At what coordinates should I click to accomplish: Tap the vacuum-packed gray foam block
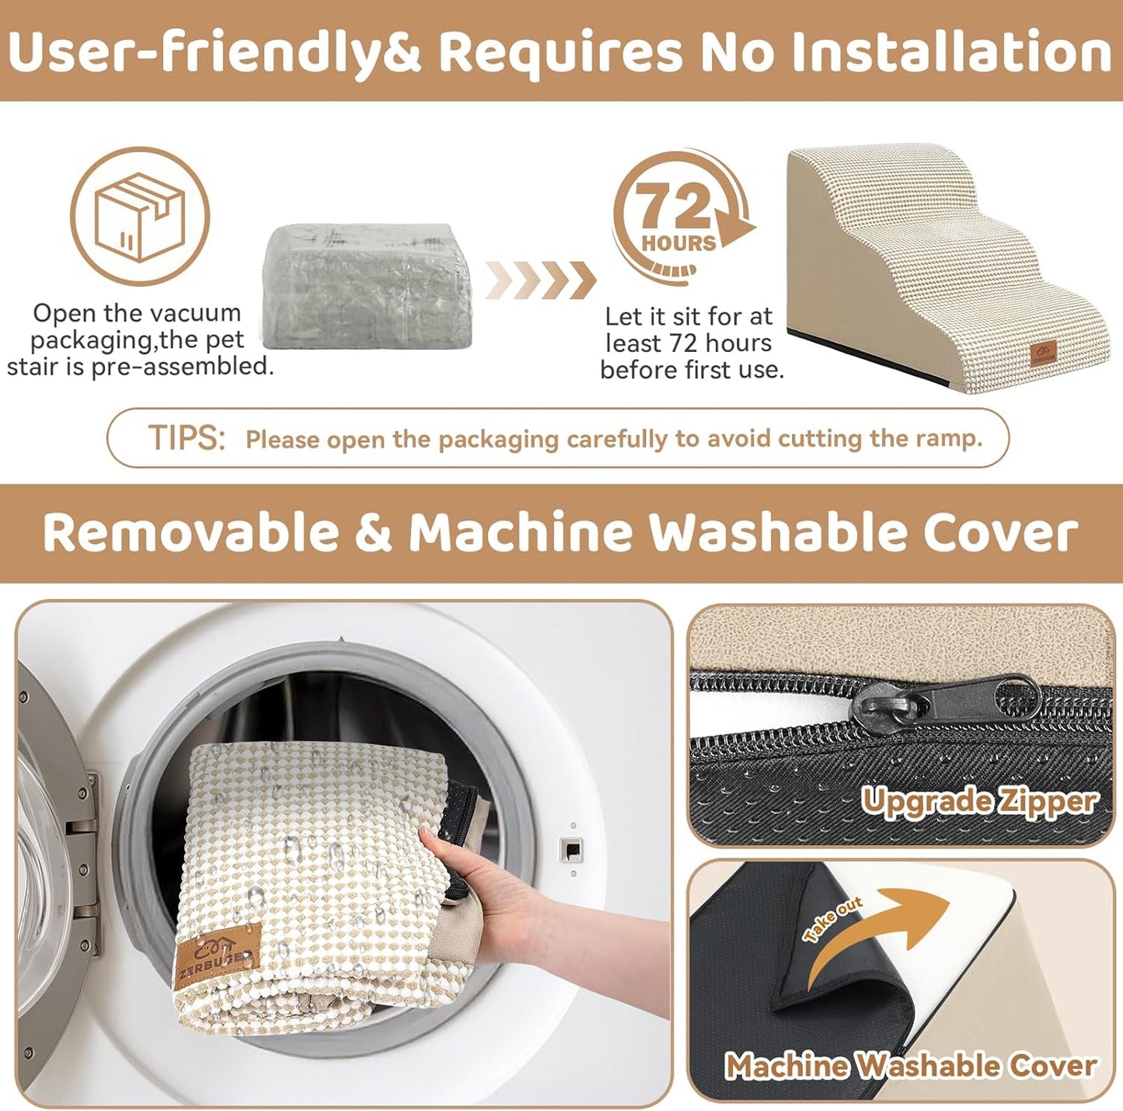pyautogui.click(x=367, y=285)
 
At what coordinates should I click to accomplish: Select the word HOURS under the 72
pyautogui.click(x=678, y=243)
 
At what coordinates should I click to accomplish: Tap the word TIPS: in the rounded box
pyautogui.click(x=187, y=437)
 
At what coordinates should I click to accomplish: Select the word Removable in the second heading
pyautogui.click(x=191, y=533)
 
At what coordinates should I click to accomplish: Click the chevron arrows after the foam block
pyautogui.click(x=541, y=280)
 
